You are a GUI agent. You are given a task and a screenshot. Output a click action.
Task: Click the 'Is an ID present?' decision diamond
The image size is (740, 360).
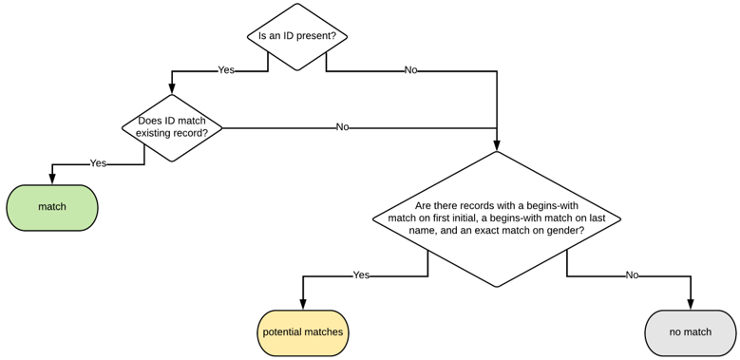pyautogui.click(x=297, y=37)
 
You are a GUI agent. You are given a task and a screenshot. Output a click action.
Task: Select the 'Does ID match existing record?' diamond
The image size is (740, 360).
pyautogui.click(x=172, y=127)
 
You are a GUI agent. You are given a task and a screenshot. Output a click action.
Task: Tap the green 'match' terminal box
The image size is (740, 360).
pyautogui.click(x=52, y=207)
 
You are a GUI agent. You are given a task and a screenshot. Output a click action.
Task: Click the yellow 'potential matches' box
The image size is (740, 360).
pyautogui.click(x=303, y=332)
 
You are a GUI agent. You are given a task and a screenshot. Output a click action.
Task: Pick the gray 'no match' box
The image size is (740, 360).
pyautogui.click(x=691, y=332)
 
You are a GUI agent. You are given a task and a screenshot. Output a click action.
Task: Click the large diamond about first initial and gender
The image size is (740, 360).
pyautogui.click(x=497, y=218)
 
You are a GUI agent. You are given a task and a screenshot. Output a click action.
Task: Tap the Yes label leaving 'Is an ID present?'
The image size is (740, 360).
pyautogui.click(x=226, y=70)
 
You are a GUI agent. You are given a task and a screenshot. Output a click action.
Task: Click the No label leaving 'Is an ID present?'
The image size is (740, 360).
pyautogui.click(x=410, y=70)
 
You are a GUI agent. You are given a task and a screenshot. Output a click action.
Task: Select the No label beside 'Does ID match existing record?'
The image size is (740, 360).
pyautogui.click(x=342, y=127)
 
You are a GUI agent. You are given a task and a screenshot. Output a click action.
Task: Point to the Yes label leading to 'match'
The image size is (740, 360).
pyautogui.click(x=98, y=163)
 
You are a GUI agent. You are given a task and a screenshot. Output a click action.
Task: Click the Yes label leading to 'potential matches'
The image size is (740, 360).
pyautogui.click(x=361, y=275)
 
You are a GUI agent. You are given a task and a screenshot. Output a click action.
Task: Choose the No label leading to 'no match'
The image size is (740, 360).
pyautogui.click(x=632, y=275)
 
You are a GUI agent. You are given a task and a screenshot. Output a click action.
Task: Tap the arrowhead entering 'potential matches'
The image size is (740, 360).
pyautogui.click(x=303, y=305)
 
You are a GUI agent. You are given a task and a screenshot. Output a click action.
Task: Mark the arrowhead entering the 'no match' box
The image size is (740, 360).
pyautogui.click(x=691, y=305)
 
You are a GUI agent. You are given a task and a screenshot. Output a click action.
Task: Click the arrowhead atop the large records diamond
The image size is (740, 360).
pyautogui.click(x=497, y=145)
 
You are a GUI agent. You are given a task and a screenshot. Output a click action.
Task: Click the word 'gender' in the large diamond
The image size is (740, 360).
pyautogui.click(x=562, y=230)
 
